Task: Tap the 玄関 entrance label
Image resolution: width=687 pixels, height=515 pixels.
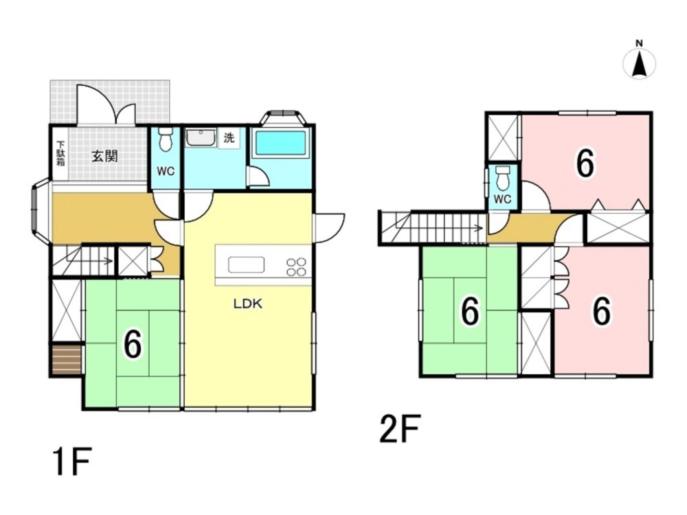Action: point(104,156)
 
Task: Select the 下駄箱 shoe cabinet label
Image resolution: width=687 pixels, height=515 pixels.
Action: point(60,153)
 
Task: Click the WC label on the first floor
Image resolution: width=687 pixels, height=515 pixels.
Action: point(166,171)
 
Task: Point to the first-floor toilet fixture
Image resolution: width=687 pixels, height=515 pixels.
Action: point(165,139)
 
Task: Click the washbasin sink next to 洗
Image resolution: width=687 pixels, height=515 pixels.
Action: point(201,137)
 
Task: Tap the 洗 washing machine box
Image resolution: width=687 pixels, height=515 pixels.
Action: point(229,138)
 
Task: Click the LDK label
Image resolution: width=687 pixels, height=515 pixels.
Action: point(248,304)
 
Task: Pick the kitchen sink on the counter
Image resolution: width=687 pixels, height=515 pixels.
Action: point(246,264)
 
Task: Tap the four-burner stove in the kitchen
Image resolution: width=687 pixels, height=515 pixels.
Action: point(296,266)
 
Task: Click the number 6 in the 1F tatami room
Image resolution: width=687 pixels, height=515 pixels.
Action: point(133,343)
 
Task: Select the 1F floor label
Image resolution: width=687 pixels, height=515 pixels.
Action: point(72,461)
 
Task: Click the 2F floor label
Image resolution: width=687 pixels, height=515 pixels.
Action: point(400,428)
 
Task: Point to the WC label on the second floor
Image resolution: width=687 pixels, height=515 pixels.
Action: point(503,199)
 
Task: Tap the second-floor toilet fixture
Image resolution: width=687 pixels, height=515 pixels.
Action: point(503,176)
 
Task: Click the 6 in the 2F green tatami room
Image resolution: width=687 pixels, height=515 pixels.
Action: point(470,312)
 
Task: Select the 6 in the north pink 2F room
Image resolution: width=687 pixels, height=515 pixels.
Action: point(585,163)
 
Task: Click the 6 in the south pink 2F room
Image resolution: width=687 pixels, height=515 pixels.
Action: point(602,311)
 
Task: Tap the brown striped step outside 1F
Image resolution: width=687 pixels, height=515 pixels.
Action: point(67,360)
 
